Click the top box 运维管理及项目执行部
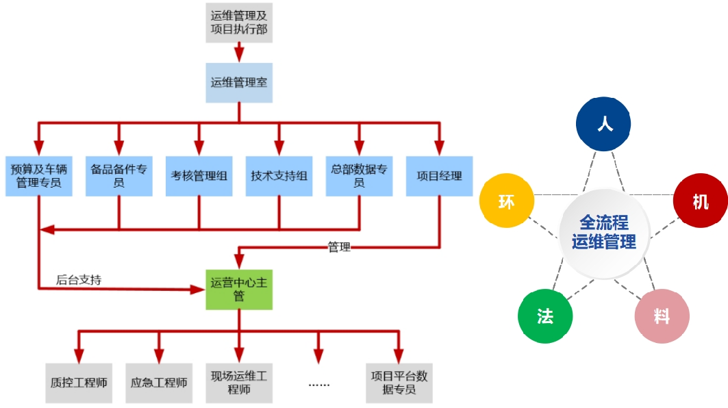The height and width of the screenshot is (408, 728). coord(239,22)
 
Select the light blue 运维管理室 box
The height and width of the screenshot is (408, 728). coord(239,83)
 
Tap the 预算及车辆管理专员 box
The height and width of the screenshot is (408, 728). coord(38,176)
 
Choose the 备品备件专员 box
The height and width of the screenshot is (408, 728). coord(118,176)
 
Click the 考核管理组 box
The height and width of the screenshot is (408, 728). coord(199,176)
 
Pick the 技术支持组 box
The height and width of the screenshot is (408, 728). coord(279,176)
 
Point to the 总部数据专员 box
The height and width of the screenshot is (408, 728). coord(359,176)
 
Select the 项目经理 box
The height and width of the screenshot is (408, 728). coord(439,176)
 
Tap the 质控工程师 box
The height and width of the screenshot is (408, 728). coord(79,383)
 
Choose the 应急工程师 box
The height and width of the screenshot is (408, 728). coord(159,383)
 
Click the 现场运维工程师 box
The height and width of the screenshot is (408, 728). coord(239,383)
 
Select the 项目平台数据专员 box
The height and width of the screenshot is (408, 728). coord(399,383)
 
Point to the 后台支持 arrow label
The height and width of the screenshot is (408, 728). coord(79,280)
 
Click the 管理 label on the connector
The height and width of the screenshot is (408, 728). coord(339,247)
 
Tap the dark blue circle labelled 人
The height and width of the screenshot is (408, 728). coord(603,124)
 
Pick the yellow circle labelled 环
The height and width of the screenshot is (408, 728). coord(507,202)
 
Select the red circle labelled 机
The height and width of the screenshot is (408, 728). coord(700,202)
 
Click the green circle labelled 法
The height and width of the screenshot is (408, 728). coord(545,316)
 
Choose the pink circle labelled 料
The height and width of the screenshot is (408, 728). coord(661,316)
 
